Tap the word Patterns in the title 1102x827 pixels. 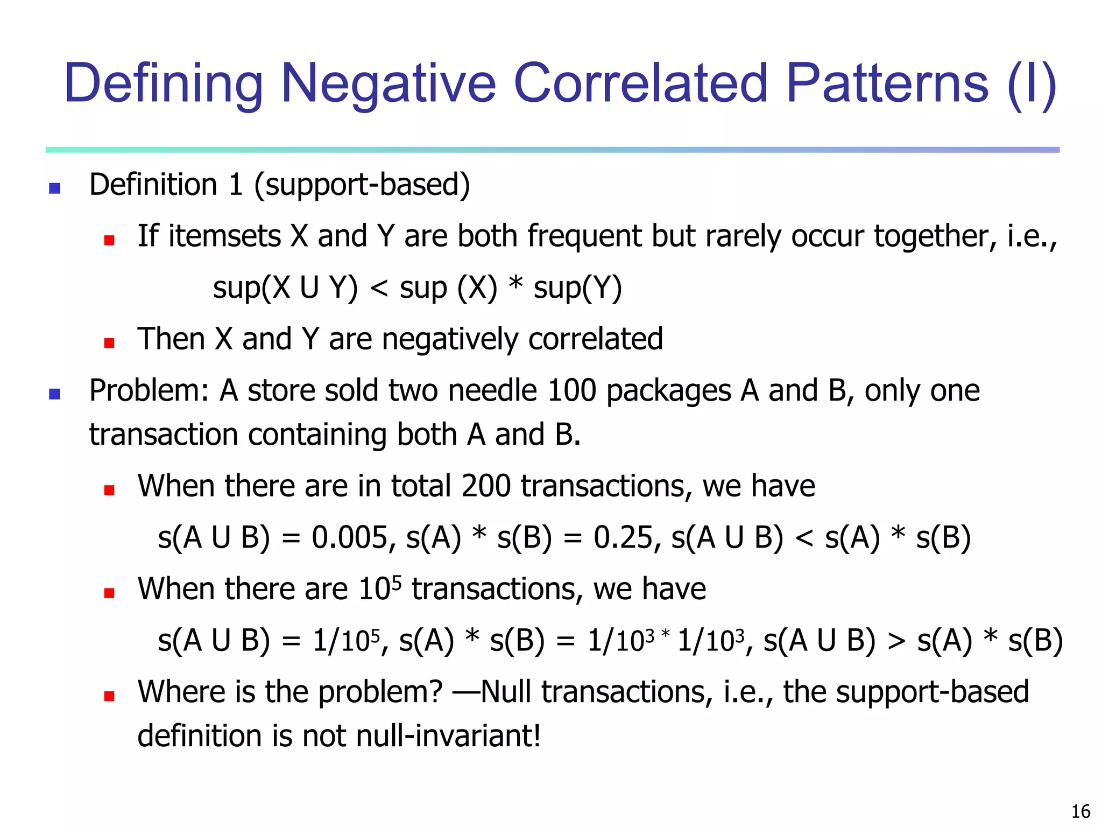pos(887,83)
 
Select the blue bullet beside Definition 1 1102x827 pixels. pos(54,188)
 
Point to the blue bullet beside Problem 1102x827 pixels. pos(54,394)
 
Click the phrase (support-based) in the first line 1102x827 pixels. pos(362,185)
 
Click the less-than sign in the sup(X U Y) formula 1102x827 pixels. pos(379,288)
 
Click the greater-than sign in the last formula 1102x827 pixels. pos(896,641)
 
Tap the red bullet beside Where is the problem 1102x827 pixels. pos(109,696)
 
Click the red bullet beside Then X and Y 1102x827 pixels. pos(109,343)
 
